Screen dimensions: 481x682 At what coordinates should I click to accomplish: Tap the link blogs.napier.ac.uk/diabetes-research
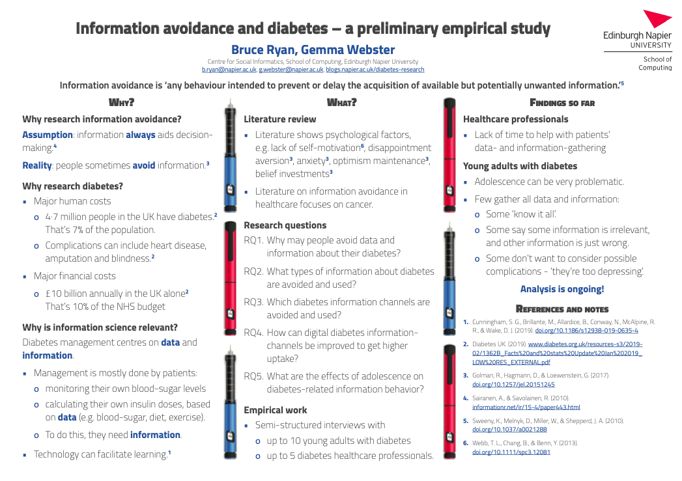[x=375, y=70]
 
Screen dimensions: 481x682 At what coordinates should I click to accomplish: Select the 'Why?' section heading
[x=121, y=102]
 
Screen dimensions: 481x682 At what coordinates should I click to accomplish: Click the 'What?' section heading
[x=341, y=102]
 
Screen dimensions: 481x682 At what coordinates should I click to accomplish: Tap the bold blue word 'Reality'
[x=36, y=165]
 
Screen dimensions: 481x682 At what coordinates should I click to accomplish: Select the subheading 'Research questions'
[x=285, y=225]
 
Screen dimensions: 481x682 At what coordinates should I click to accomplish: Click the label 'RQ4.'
[x=254, y=333]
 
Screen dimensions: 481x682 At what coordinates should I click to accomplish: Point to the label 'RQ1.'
[x=254, y=240]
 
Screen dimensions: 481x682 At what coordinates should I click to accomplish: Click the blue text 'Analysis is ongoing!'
[x=561, y=289]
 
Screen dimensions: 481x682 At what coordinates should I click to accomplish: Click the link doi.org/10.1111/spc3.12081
[x=511, y=452]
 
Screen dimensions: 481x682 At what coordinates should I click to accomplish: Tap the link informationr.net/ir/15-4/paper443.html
[x=526, y=407]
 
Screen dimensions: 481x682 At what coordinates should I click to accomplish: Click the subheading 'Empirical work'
[x=275, y=410]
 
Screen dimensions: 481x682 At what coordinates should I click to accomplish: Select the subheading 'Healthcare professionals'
[x=515, y=119]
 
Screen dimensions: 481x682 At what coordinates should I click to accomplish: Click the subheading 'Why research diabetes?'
[x=72, y=186]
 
